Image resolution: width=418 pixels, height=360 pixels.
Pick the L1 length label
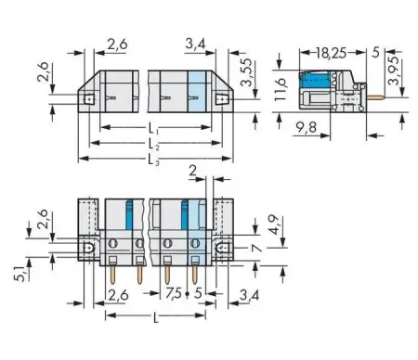pyautogui.click(x=152, y=127)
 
